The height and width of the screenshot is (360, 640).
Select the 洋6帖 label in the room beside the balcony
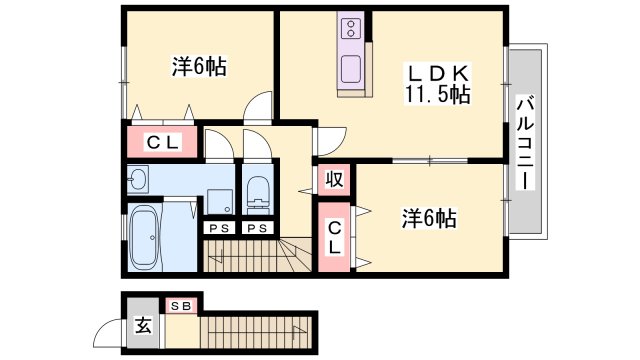pyautogui.click(x=429, y=218)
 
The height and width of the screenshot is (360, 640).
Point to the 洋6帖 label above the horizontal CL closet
pyautogui.click(x=198, y=67)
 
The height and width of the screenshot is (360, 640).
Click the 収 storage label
pyautogui.click(x=333, y=180)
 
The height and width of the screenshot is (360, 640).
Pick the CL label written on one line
pyautogui.click(x=162, y=142)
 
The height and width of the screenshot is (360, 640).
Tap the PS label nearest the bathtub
pyautogui.click(x=217, y=228)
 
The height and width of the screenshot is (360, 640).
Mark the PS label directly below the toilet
pyautogui.click(x=257, y=228)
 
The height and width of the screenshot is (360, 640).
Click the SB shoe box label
pyautogui.click(x=181, y=304)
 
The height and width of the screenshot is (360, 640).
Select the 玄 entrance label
pyautogui.click(x=143, y=325)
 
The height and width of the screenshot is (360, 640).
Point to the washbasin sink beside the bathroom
pyautogui.click(x=137, y=181)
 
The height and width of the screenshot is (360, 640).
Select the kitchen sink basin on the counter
pyautogui.click(x=353, y=70)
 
